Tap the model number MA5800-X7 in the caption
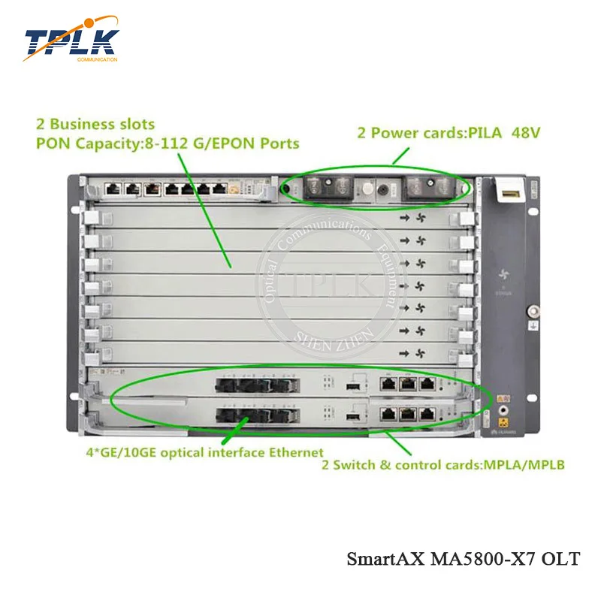click(x=489, y=559)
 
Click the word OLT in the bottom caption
click(x=563, y=559)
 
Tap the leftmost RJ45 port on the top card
click(x=113, y=189)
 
